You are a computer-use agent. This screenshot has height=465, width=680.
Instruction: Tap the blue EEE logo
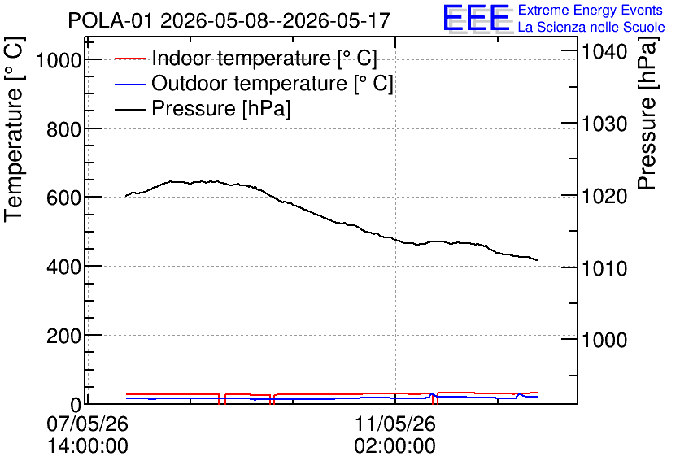pos(477,18)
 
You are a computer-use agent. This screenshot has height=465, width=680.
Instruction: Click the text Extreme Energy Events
pos(591,10)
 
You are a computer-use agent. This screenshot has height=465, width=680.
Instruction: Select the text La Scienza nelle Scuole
pos(591,27)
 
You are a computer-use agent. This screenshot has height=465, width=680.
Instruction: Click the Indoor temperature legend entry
pos(246,58)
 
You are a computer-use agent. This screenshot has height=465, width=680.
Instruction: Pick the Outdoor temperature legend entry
pos(254,83)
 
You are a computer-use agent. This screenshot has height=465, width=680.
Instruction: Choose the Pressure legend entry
pos(203,108)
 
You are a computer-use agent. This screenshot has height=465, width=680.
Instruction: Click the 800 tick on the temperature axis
pos(63,128)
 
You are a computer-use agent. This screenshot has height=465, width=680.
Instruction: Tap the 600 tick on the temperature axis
pos(63,198)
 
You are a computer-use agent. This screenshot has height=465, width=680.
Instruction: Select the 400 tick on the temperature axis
pos(63,267)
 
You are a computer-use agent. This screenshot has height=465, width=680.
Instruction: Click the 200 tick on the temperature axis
pos(63,336)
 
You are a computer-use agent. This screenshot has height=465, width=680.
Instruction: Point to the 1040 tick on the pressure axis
pos(604,51)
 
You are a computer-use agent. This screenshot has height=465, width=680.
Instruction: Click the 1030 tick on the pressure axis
pos(604,124)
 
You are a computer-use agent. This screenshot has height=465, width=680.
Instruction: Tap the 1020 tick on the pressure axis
pos(604,196)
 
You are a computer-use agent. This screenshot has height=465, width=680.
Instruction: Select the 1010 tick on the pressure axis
pos(604,268)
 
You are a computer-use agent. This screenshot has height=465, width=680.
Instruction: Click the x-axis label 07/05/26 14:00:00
pos(88,434)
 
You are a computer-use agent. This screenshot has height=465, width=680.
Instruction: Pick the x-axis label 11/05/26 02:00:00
pos(395,434)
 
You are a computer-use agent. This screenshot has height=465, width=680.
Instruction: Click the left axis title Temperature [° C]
pos(14,129)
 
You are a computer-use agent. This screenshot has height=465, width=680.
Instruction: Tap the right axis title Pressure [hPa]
pos(647,113)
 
